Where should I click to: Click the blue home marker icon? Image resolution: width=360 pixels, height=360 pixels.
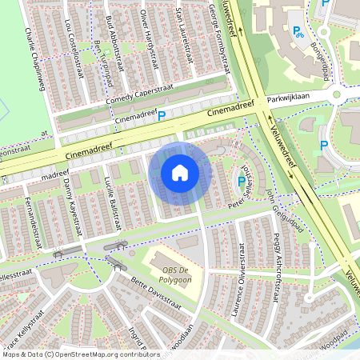click(x=180, y=173)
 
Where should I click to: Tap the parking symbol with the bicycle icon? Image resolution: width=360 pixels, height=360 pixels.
click(x=298, y=32)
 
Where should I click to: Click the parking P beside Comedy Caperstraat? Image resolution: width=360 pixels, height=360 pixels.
click(x=161, y=117)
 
